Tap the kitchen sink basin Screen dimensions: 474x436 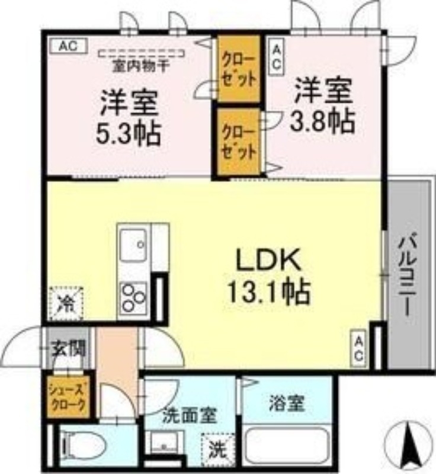pos(134,244)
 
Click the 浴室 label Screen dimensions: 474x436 pos(287,404)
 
